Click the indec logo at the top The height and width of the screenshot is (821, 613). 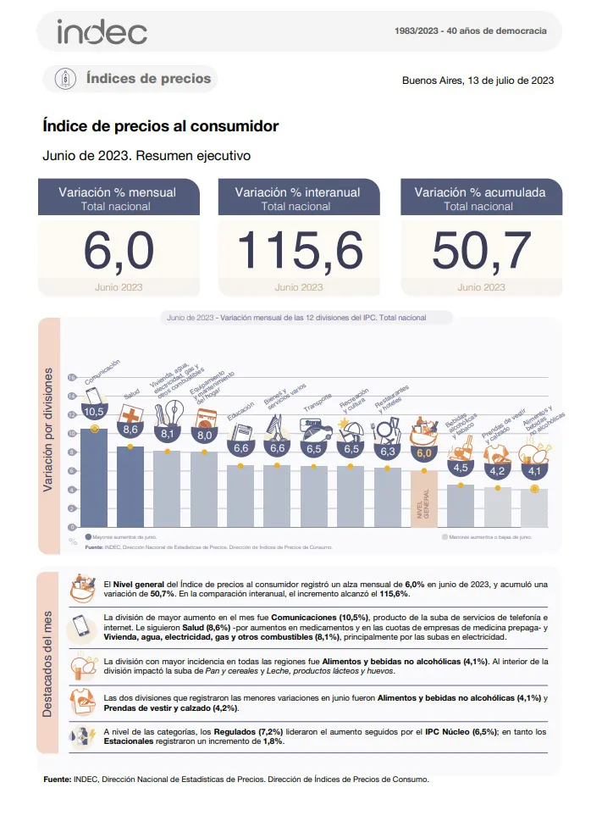tap(102, 32)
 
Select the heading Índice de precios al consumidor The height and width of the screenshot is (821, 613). tap(160, 127)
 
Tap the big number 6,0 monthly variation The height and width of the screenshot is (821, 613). tap(119, 251)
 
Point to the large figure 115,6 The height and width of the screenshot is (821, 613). tap(300, 251)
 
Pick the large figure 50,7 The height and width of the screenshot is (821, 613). tap(481, 251)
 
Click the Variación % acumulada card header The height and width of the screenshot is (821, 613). tap(481, 198)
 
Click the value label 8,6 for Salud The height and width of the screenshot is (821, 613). tap(130, 430)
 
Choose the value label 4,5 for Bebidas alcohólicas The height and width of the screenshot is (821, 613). tap(461, 468)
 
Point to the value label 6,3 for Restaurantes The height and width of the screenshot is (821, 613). tap(387, 451)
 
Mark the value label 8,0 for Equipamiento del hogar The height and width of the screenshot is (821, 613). tap(204, 435)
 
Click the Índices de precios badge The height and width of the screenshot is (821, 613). tap(131, 79)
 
